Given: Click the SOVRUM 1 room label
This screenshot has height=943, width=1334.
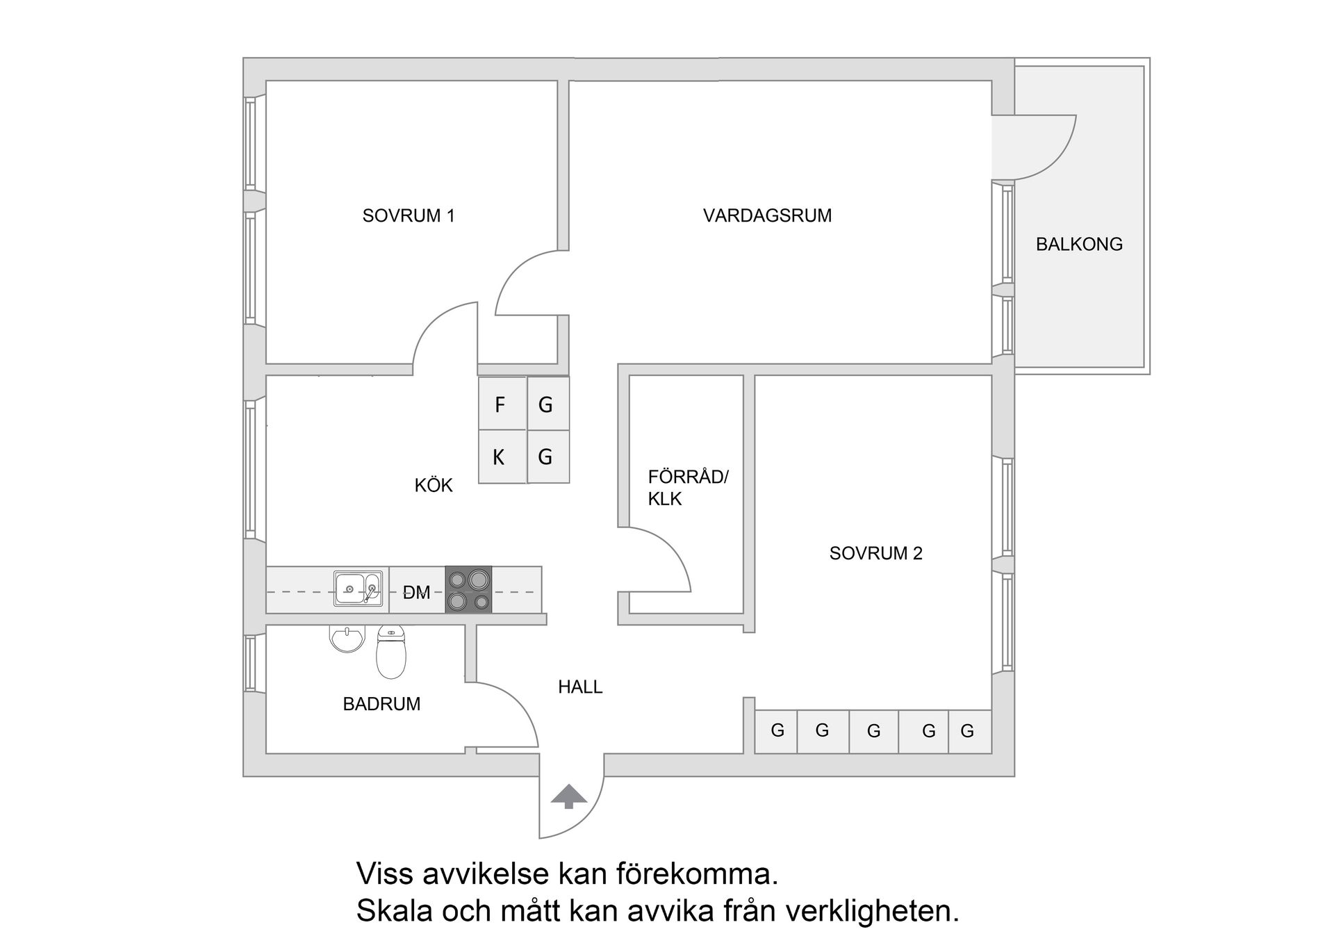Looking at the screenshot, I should [x=408, y=215].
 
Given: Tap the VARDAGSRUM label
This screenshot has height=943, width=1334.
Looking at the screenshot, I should [x=767, y=215].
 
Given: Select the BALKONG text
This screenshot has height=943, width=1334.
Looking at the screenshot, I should [x=1078, y=244].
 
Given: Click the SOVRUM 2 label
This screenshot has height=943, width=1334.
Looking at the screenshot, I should [x=875, y=553].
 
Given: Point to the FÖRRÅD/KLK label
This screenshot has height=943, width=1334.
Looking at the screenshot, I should [x=687, y=488].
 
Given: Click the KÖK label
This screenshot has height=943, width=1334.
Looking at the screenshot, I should [x=434, y=485].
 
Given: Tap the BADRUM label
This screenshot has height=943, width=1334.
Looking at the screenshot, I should [x=381, y=704].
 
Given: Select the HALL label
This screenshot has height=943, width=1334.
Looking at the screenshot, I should [x=579, y=687].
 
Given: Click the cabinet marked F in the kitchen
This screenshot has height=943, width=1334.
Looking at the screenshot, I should [x=501, y=404].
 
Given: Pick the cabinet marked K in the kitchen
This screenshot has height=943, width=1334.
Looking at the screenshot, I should [x=500, y=457].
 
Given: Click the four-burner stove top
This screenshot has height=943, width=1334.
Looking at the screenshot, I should [x=468, y=589].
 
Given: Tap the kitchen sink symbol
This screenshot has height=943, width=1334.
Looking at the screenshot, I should [x=358, y=589].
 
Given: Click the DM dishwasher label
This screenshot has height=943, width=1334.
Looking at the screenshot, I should [x=417, y=592].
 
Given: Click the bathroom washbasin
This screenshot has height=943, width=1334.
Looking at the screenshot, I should [x=347, y=639].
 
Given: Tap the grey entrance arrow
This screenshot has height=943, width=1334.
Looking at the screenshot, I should [x=568, y=796].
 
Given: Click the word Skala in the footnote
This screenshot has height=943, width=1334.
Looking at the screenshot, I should [x=394, y=910].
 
